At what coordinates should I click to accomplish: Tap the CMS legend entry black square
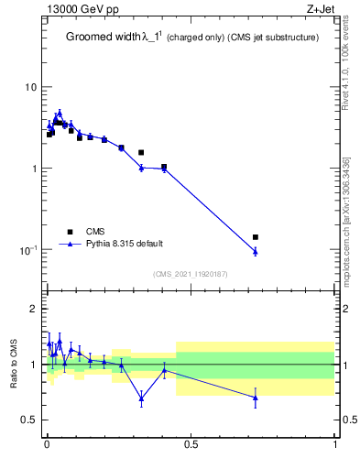(x=70, y=231)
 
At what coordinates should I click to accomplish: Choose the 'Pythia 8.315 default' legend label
(x=125, y=244)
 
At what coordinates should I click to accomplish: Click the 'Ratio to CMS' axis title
(x=14, y=365)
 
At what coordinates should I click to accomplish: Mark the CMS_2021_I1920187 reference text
(x=191, y=274)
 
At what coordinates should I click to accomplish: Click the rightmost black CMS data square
(x=256, y=237)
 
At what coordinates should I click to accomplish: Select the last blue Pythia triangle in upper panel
(x=256, y=251)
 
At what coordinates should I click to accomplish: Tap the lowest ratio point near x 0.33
(x=141, y=398)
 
